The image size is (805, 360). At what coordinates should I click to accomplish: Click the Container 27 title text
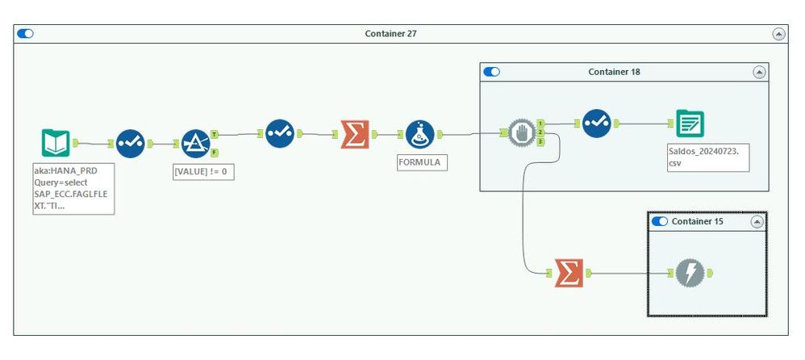point(390,34)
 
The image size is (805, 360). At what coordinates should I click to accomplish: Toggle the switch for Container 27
point(26,34)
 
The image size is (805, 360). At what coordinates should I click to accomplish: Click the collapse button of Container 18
point(758,72)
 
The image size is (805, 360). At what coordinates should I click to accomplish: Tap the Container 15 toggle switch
point(659,221)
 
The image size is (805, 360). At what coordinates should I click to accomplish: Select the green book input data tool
point(56,143)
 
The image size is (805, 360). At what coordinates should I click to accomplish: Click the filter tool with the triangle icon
point(195,143)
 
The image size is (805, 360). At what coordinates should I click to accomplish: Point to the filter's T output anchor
point(215,134)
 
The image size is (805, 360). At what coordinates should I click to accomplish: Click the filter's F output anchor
point(215,152)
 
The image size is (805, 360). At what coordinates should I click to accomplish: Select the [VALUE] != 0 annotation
point(204,171)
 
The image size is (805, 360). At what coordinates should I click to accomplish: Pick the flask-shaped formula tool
point(420,134)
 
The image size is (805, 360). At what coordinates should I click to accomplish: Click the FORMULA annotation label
point(422,161)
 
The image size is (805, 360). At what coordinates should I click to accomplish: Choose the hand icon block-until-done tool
point(522,133)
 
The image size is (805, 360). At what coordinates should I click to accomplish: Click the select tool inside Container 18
point(597,123)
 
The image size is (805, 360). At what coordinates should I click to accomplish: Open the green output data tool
point(690,123)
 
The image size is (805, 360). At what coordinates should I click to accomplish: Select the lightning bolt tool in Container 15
point(690,274)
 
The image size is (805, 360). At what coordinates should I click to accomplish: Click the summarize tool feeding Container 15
point(569,274)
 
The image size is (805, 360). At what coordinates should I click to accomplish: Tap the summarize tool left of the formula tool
point(354,134)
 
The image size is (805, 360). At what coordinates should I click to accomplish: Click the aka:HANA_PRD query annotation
point(78,188)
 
